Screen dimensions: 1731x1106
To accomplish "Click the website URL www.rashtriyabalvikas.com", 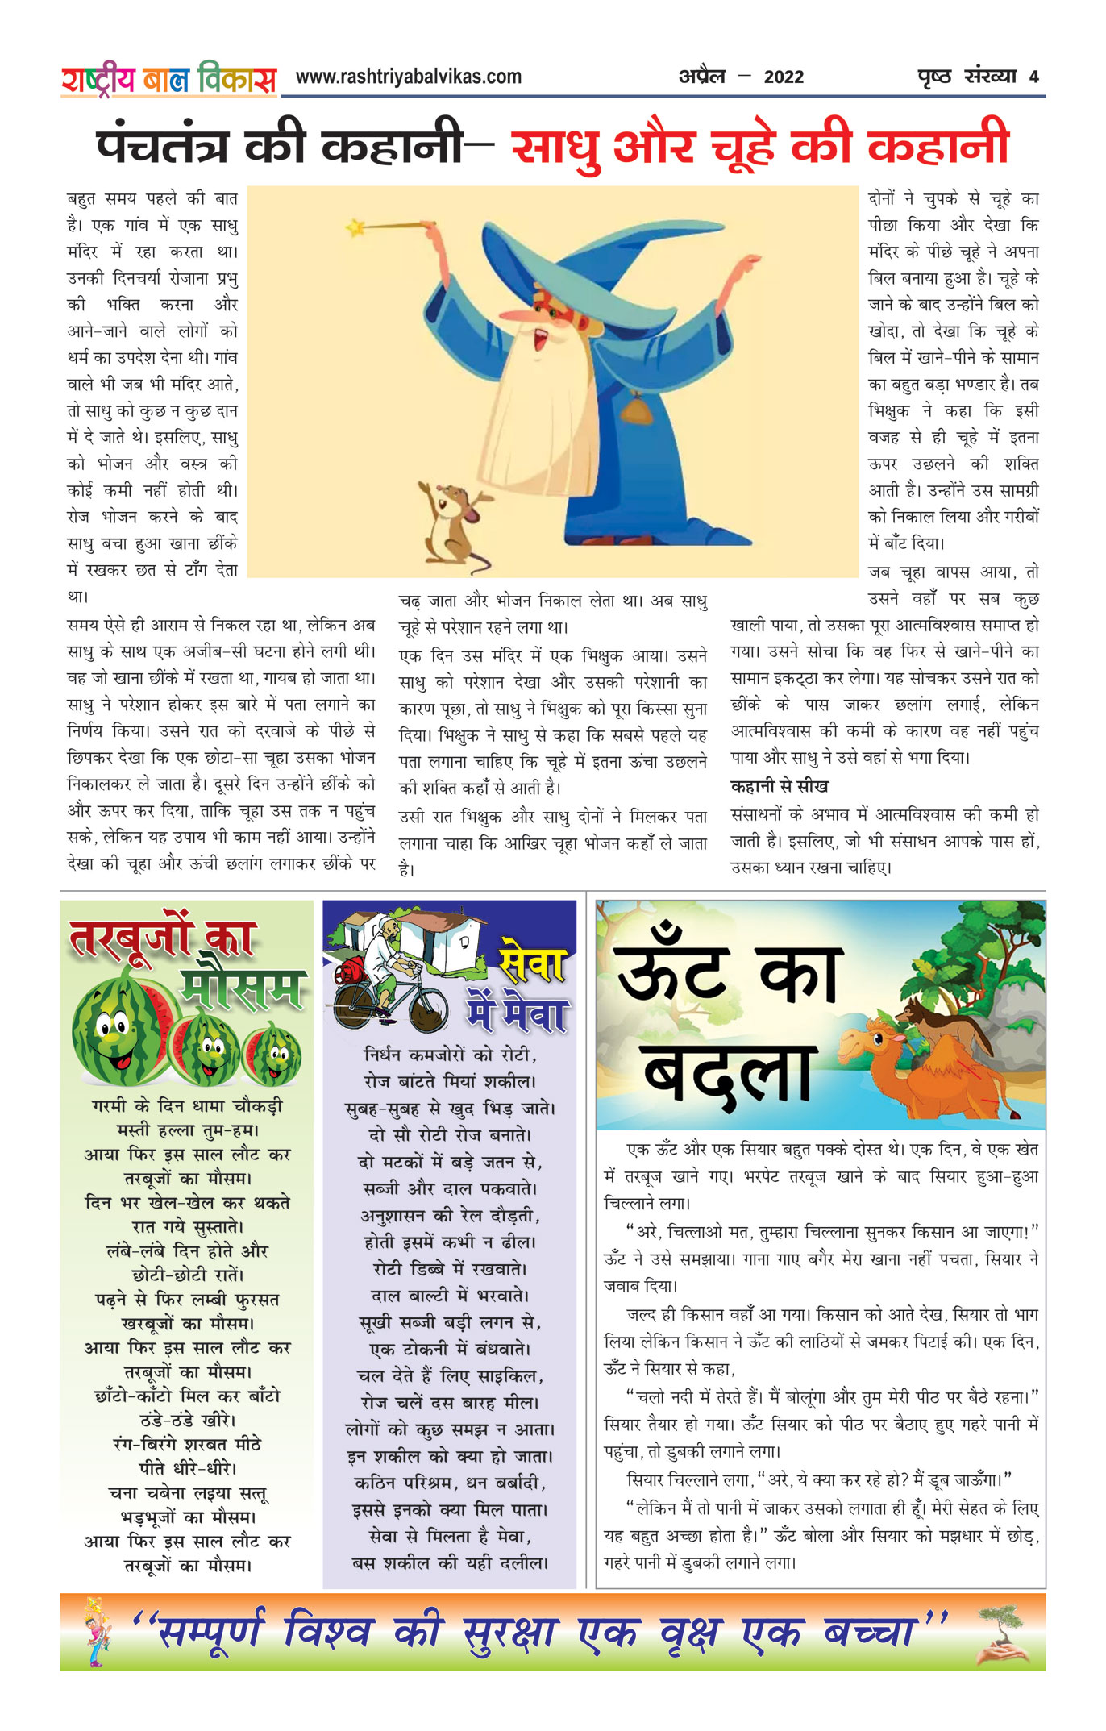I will (x=408, y=77).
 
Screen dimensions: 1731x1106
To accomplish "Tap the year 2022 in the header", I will (x=784, y=77).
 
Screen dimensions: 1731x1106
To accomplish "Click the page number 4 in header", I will (x=1033, y=77).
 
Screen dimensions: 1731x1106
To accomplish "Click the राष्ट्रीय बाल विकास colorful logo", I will (x=168, y=79).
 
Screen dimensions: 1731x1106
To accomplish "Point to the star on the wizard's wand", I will (x=355, y=228).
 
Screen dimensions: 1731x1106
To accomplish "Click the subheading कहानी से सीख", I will (x=779, y=786).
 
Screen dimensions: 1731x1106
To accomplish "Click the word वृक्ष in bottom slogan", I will (x=689, y=1633).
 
